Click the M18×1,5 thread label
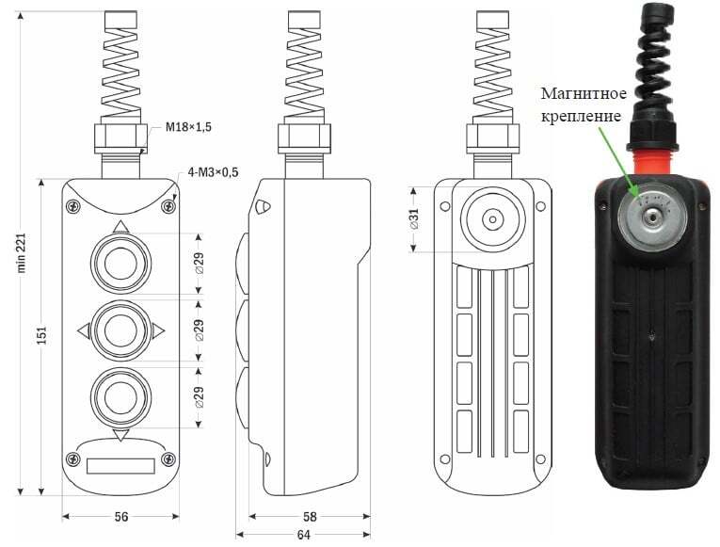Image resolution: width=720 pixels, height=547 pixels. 189,127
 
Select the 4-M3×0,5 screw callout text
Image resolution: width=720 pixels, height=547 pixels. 213,172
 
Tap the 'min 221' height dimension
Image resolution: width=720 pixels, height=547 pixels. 21,253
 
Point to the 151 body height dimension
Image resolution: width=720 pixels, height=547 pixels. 41,335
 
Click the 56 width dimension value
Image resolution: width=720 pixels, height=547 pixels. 121,517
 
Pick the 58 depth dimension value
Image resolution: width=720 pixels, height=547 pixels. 310,517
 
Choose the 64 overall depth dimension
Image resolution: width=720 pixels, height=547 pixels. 303,535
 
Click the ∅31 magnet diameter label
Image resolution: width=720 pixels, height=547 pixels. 414,218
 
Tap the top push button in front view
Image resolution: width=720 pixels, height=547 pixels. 120,264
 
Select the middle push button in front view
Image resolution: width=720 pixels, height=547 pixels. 120,330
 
